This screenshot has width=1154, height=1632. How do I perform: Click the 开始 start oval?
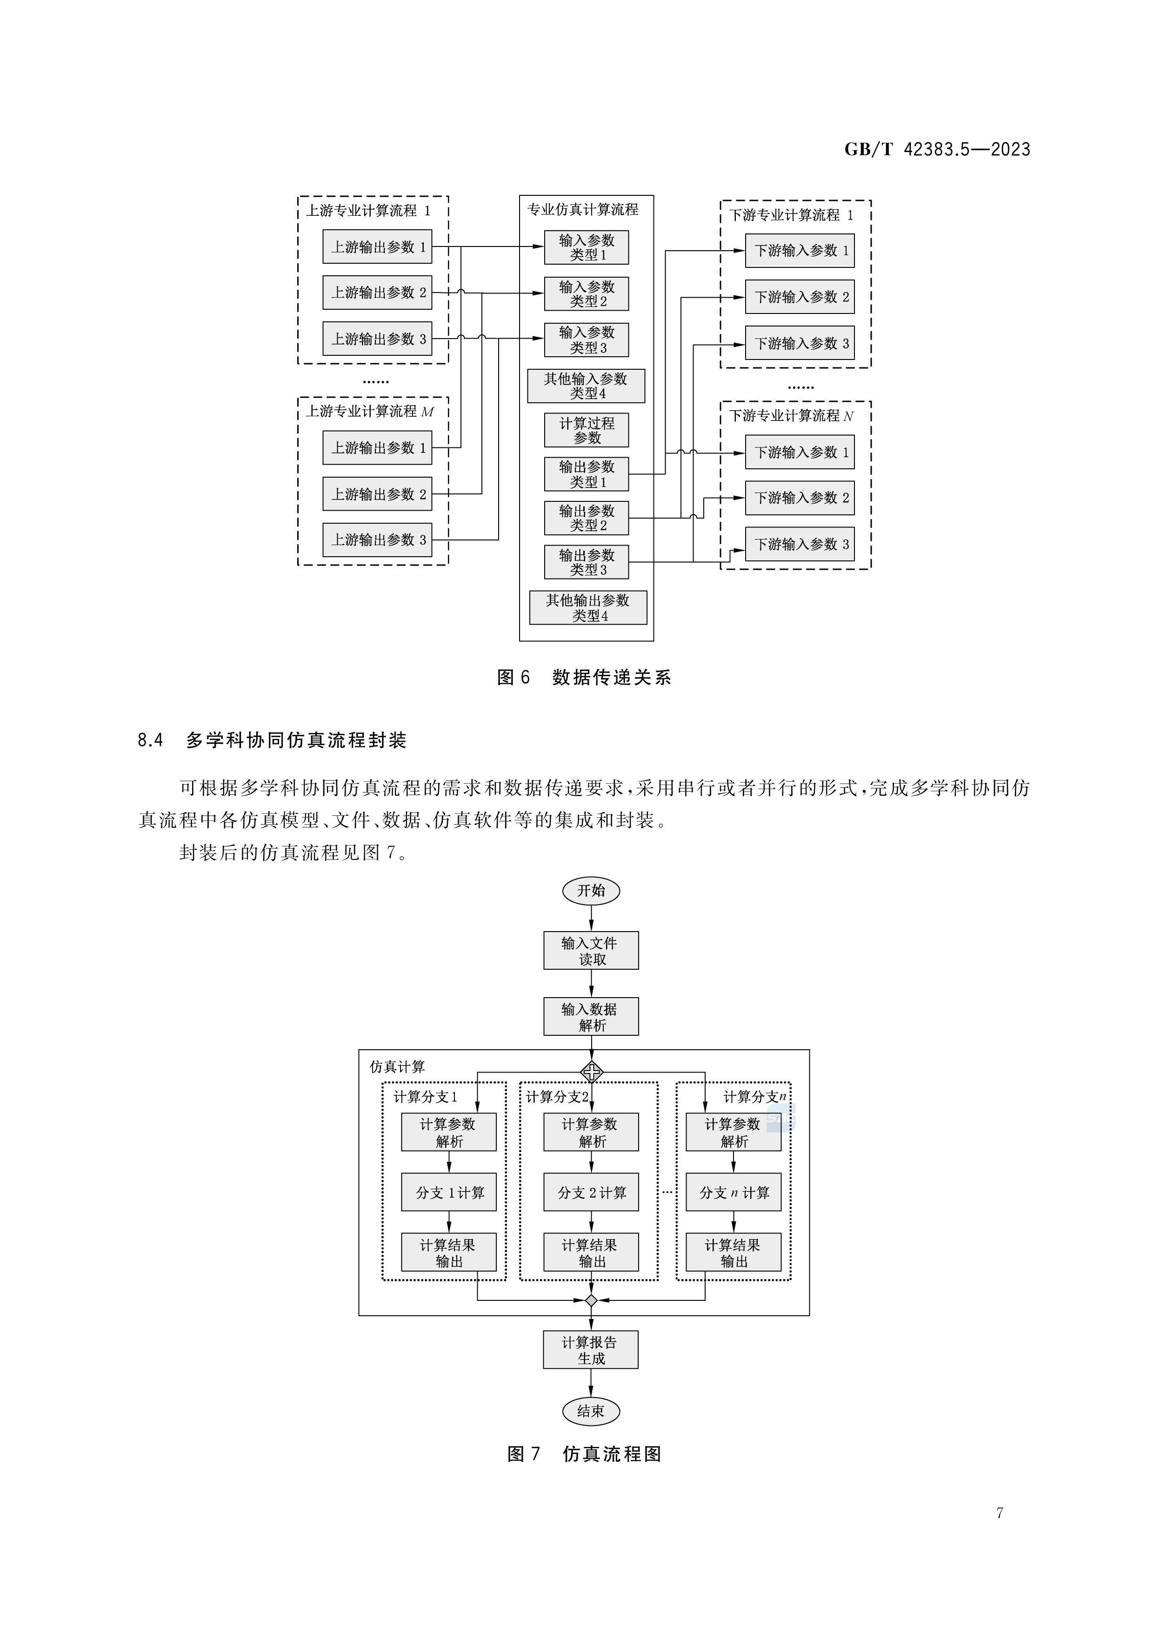[x=591, y=891]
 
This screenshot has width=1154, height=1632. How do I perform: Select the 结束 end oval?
[x=591, y=1411]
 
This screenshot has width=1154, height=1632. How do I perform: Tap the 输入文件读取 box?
[x=591, y=950]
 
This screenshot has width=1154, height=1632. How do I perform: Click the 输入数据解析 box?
[x=591, y=1016]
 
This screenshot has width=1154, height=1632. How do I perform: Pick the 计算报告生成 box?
[x=591, y=1350]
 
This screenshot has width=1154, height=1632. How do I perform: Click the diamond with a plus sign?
[x=592, y=1071]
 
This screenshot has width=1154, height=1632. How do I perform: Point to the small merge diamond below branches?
[x=591, y=1300]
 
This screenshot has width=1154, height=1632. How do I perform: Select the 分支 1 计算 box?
[x=449, y=1192]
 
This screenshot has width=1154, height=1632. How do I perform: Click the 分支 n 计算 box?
[x=733, y=1192]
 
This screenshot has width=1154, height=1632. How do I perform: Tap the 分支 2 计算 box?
[x=591, y=1192]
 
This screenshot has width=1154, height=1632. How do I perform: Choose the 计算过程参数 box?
[x=587, y=430]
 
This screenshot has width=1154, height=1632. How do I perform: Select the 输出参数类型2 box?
[x=587, y=518]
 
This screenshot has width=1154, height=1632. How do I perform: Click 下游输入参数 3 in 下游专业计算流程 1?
[x=799, y=343]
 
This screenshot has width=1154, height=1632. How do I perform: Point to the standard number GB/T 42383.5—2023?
[x=937, y=149]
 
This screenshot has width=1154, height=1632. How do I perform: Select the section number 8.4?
[x=150, y=740]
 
